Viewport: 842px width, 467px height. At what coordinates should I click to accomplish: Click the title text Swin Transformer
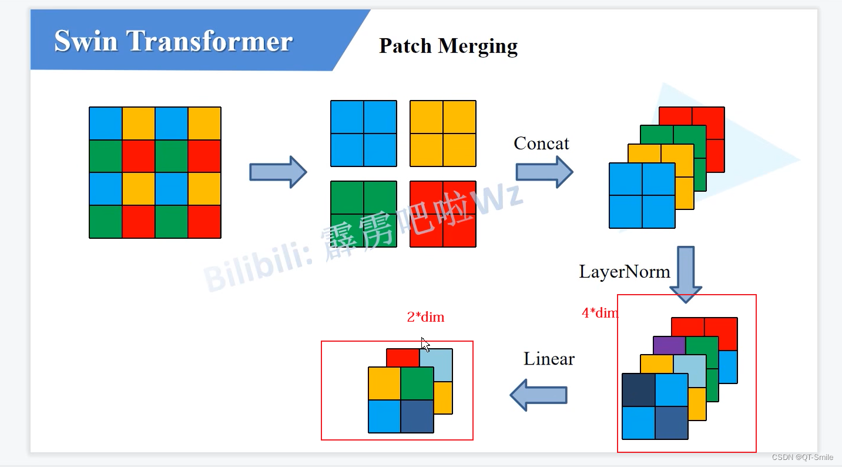[173, 41]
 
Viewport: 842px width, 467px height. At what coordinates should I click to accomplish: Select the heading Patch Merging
[448, 46]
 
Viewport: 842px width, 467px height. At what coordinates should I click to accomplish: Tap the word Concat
[541, 144]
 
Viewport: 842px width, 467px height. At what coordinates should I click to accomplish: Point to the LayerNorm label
[624, 272]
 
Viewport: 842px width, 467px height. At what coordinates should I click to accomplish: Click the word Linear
[549, 359]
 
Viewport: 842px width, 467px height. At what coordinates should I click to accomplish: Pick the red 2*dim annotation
[425, 318]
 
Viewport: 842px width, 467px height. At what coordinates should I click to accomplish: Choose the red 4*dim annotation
[599, 313]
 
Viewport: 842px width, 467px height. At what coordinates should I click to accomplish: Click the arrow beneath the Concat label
[544, 172]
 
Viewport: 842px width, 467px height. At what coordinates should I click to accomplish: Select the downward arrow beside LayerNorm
[686, 274]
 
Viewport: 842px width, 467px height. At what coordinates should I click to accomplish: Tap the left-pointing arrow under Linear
[538, 395]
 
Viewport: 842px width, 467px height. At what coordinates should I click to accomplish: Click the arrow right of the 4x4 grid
[278, 172]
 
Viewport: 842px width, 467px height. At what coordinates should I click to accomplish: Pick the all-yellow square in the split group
[442, 134]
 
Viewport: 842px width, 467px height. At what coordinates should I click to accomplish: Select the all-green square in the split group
[363, 214]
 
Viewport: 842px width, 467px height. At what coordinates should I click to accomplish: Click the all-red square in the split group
[442, 214]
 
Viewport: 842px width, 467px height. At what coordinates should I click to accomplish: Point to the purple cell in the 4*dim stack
[669, 345]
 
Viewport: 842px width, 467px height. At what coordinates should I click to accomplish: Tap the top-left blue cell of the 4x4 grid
[106, 124]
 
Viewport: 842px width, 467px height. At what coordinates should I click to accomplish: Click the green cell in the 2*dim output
[417, 383]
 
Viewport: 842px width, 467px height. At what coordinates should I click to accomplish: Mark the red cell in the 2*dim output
[402, 358]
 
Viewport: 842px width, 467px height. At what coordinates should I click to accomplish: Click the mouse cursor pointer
[425, 344]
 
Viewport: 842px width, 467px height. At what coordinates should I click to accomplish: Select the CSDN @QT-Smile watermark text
[802, 457]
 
